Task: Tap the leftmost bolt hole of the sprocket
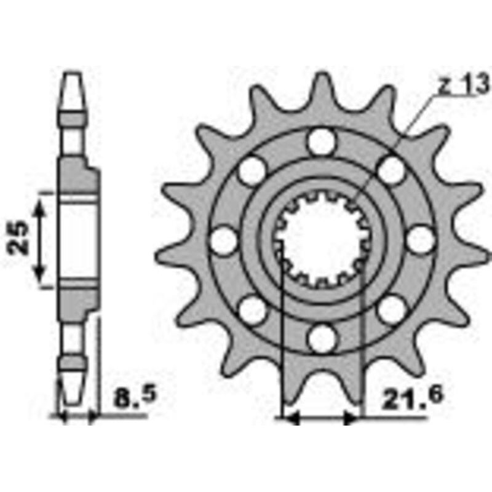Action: (223, 240)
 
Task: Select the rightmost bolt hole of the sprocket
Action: (419, 240)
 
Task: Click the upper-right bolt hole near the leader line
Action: (390, 170)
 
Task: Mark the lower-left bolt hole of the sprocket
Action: (252, 309)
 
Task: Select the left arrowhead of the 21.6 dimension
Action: (289, 418)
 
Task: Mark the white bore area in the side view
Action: (79, 240)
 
